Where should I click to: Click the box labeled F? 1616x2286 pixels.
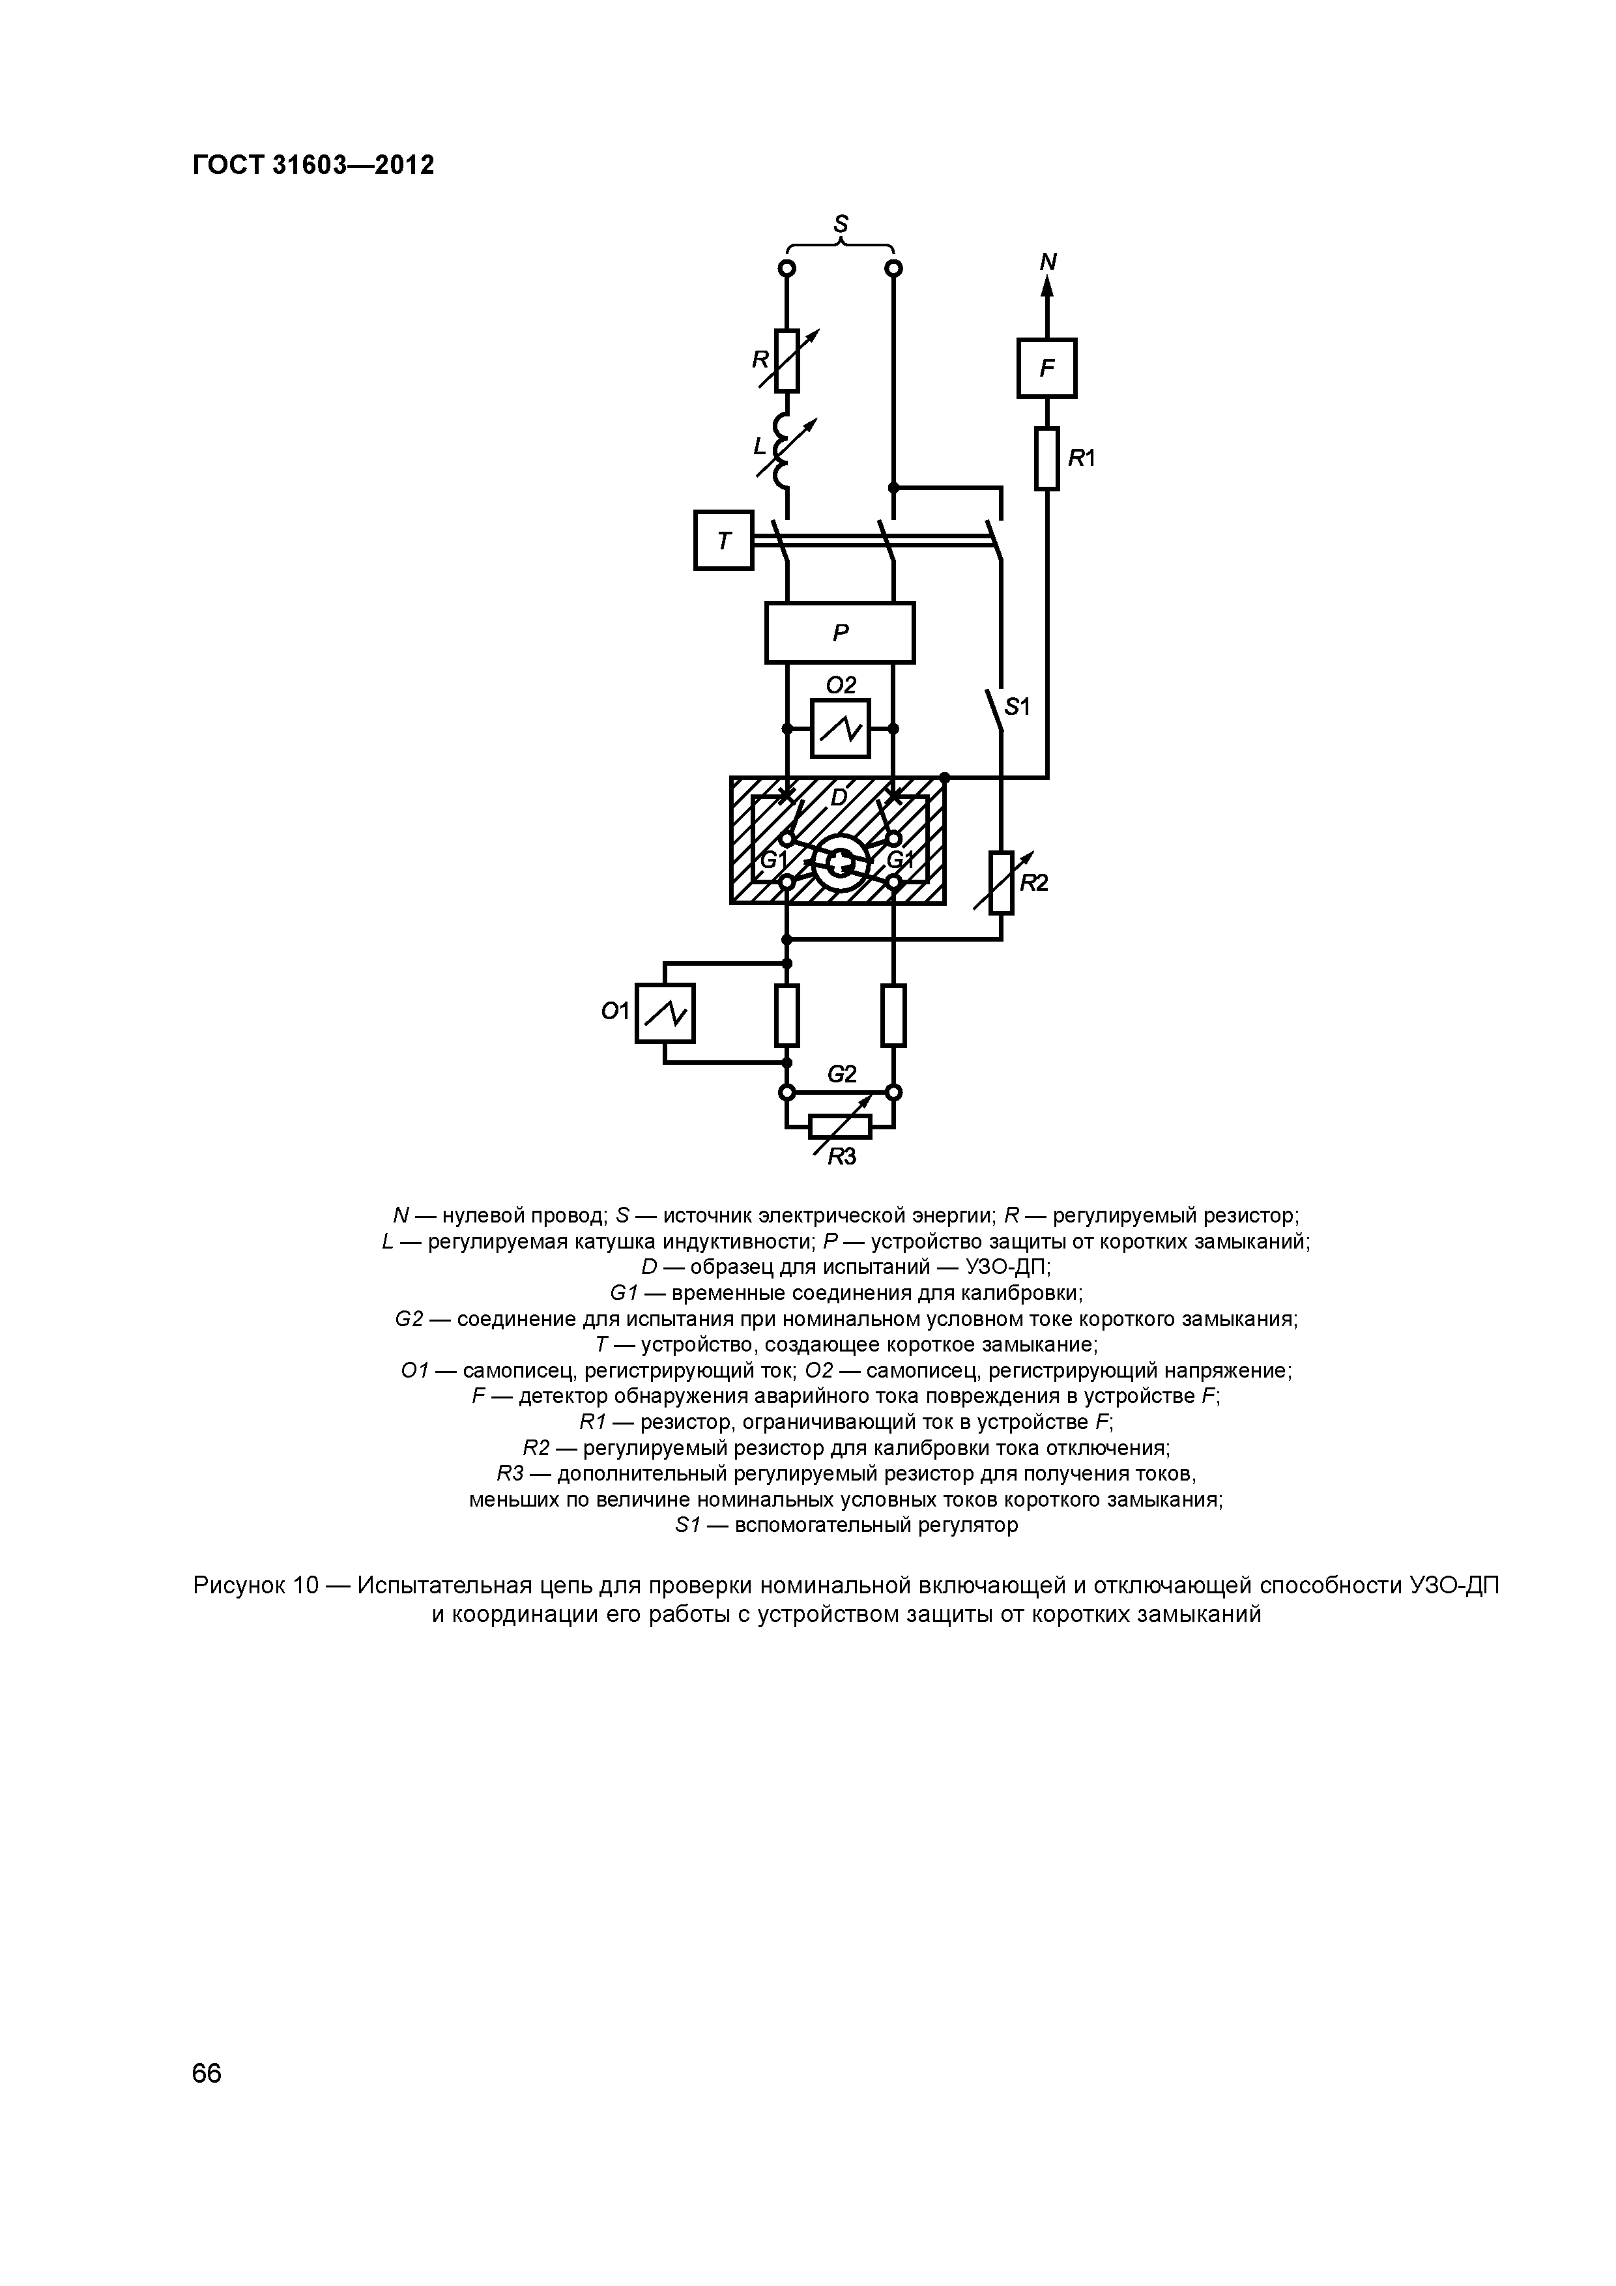coord(1046,368)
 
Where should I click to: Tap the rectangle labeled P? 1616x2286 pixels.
coord(839,632)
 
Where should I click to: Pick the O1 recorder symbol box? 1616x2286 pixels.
coord(665,1013)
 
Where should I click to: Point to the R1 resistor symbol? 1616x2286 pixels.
coord(1046,458)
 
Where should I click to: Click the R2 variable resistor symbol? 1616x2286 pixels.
coord(1002,883)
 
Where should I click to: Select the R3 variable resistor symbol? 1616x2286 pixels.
coord(841,1126)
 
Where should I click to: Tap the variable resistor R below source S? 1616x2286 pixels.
coord(786,360)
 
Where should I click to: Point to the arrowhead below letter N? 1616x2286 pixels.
coord(1046,285)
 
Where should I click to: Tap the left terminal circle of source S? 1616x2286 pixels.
coord(786,268)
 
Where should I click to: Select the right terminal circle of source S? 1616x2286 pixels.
coord(893,268)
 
